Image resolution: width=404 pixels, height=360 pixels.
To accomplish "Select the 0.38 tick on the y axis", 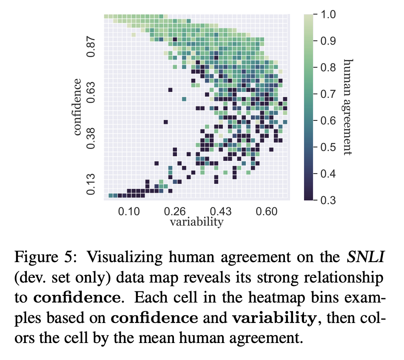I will click(x=91, y=138).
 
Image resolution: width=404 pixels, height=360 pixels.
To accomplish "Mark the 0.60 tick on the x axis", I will click(x=267, y=211).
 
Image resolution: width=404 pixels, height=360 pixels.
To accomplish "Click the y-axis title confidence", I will click(x=77, y=107).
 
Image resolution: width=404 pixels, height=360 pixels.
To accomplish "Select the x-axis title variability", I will click(x=196, y=222).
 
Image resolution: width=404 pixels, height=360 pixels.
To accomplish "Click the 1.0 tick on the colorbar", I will click(x=327, y=15).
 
